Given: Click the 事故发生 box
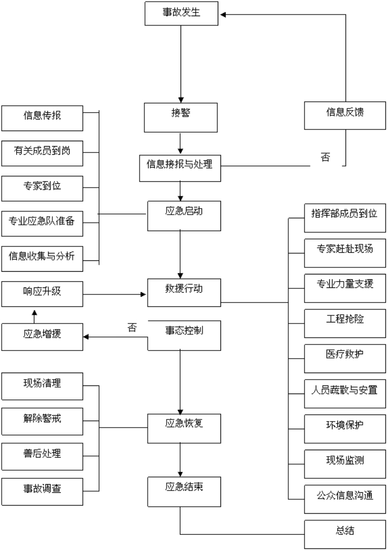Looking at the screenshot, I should click(x=181, y=13).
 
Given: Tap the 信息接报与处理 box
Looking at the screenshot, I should click(x=179, y=165).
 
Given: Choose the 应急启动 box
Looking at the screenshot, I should click(x=183, y=215).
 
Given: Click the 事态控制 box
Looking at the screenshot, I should click(x=183, y=335).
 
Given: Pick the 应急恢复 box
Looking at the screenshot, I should click(x=183, y=428).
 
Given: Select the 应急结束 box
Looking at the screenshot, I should click(x=183, y=491).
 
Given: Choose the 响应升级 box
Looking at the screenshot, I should click(x=42, y=294).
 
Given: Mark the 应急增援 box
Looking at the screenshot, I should click(x=42, y=337).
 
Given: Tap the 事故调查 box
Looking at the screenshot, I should click(x=42, y=491).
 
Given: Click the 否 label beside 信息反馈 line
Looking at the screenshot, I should click(x=325, y=158).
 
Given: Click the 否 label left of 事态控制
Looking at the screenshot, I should click(x=131, y=328).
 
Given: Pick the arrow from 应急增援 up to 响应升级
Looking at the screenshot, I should click(x=34, y=316).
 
